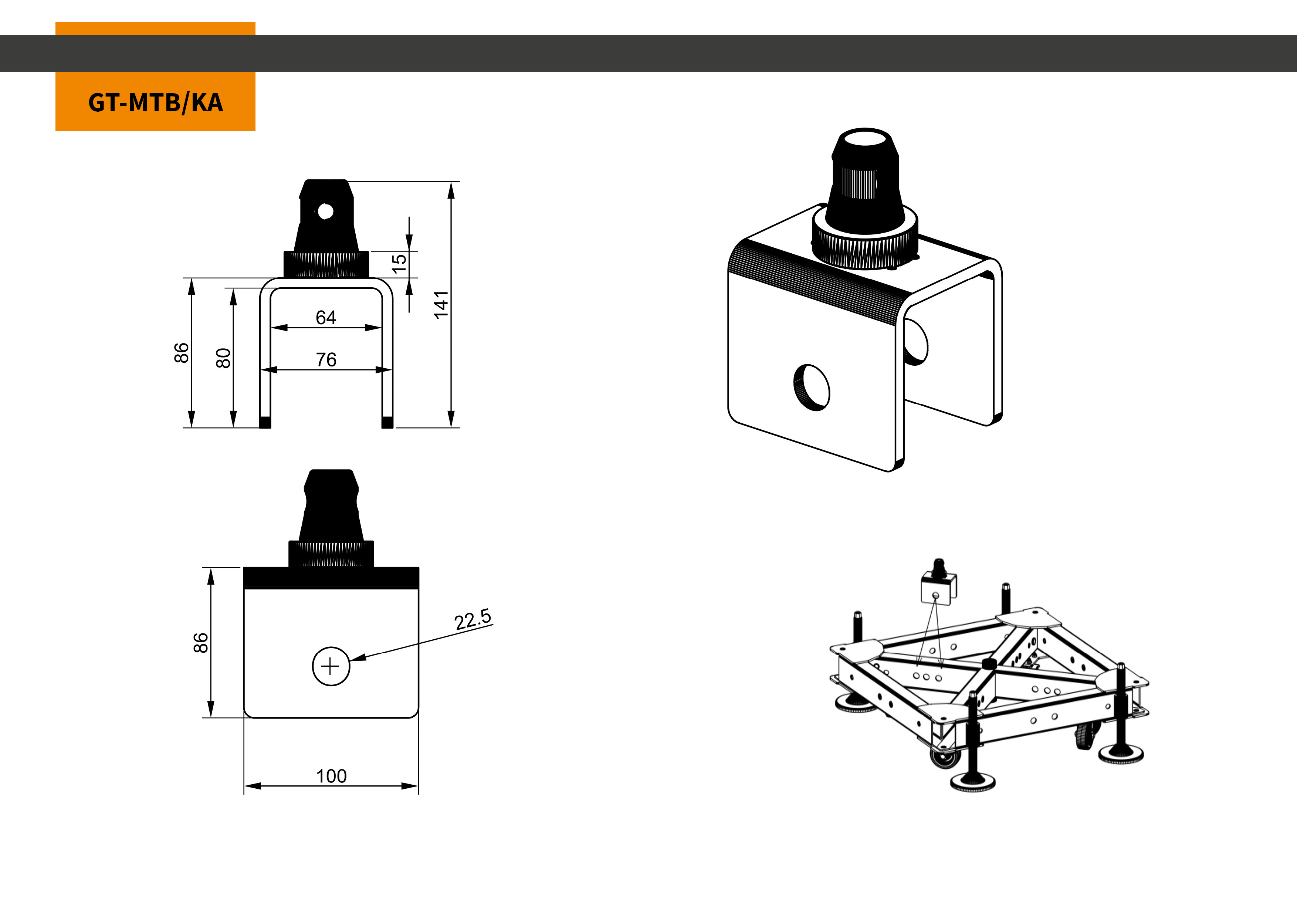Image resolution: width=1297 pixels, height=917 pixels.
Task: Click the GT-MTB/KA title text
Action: [155, 103]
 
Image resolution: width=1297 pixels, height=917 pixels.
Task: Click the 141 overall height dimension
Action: [441, 305]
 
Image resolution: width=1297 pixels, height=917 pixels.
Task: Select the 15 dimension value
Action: [399, 263]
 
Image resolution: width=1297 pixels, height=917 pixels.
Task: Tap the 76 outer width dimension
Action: [326, 359]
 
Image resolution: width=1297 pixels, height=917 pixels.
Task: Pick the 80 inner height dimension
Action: [224, 358]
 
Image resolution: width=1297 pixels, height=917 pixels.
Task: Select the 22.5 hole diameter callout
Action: [473, 619]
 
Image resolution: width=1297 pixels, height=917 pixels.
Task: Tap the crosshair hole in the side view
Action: [331, 667]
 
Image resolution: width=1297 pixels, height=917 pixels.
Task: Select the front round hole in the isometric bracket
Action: [812, 387]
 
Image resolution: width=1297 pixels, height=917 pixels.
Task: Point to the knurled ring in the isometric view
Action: [864, 240]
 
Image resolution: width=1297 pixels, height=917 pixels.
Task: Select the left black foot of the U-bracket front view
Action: [265, 422]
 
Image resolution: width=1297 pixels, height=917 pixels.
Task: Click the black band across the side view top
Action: [331, 578]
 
